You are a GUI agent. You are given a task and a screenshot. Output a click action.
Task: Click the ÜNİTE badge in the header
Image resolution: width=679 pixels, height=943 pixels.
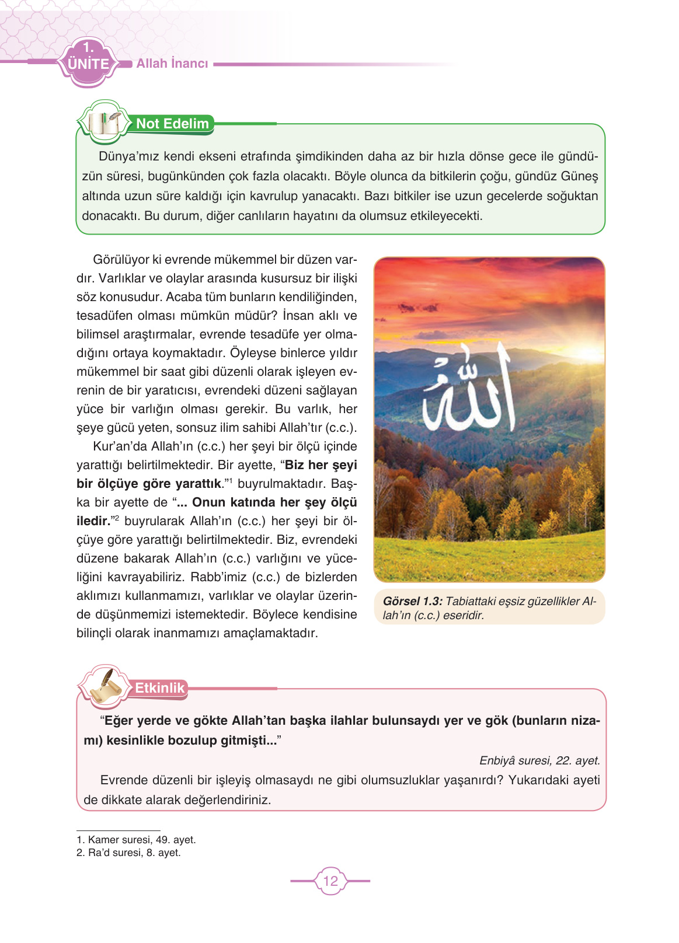pyautogui.click(x=89, y=62)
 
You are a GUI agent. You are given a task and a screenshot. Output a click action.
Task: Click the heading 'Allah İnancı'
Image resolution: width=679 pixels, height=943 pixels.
pyautogui.click(x=172, y=64)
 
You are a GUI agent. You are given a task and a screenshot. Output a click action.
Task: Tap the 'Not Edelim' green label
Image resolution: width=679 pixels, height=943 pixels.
pyautogui.click(x=172, y=124)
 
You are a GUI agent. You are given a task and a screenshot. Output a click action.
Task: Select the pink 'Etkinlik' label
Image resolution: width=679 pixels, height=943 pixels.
pyautogui.click(x=159, y=688)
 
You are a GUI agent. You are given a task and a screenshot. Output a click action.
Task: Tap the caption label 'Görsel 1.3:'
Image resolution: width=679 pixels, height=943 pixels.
pyautogui.click(x=413, y=602)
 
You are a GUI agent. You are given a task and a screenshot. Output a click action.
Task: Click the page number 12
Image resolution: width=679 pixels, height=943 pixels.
pyautogui.click(x=330, y=881)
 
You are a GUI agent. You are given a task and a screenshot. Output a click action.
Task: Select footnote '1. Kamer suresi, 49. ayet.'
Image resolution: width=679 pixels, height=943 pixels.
pyautogui.click(x=136, y=840)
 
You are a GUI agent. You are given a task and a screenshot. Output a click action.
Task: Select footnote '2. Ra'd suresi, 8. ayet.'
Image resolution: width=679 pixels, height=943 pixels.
pyautogui.click(x=128, y=853)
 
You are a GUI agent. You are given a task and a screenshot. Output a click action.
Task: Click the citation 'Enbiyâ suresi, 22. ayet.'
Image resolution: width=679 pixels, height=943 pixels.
pyautogui.click(x=539, y=760)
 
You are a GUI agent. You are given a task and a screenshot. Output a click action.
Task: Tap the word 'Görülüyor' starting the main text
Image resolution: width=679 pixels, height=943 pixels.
pyautogui.click(x=121, y=260)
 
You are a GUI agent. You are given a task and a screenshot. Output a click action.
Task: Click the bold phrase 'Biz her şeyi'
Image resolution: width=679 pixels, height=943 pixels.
pyautogui.click(x=321, y=465)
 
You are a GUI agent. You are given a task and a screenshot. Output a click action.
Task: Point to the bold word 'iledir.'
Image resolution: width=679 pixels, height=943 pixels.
pyautogui.click(x=93, y=521)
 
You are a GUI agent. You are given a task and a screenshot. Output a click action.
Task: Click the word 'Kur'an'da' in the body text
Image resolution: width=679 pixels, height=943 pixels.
pyautogui.click(x=120, y=446)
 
